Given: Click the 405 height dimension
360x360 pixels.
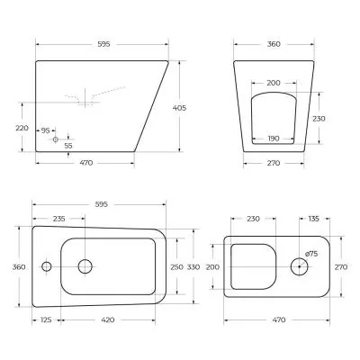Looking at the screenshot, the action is pyautogui.click(x=179, y=108).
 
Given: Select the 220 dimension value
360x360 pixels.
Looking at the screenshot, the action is pyautogui.click(x=22, y=128).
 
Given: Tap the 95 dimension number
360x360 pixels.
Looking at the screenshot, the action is pyautogui.click(x=45, y=130).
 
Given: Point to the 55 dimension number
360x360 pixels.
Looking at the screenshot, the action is pyautogui.click(x=68, y=146).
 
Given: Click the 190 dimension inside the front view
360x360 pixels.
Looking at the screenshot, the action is pyautogui.click(x=274, y=139).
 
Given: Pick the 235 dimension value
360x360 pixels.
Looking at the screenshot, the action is pyautogui.click(x=58, y=219).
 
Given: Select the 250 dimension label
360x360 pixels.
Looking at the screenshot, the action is pyautogui.click(x=176, y=267).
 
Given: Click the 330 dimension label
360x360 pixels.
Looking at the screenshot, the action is pyautogui.click(x=193, y=267).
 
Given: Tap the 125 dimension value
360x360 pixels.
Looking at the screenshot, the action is pyautogui.click(x=46, y=320).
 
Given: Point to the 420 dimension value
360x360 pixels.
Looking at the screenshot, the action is pyautogui.click(x=108, y=320).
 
